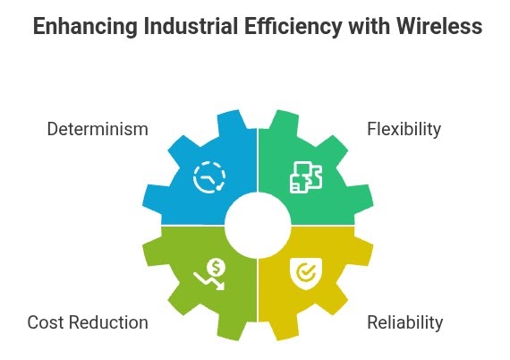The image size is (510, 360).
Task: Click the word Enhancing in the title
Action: [x=85, y=27]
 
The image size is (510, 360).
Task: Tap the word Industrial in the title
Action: [x=191, y=26]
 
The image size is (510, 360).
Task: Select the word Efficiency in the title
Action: [x=293, y=27]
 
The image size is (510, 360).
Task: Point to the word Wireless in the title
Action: [x=439, y=26]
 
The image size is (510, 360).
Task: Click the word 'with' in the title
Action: [x=369, y=26]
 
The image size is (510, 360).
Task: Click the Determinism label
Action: [x=98, y=129]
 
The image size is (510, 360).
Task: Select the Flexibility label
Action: [x=404, y=129]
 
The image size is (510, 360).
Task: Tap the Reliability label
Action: [x=405, y=323]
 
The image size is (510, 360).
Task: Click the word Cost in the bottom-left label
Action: [x=46, y=322]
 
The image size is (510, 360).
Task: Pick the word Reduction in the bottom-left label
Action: [x=108, y=322]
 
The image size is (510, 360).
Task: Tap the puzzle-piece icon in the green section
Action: [x=306, y=177]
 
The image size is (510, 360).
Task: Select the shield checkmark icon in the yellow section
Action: [x=306, y=274]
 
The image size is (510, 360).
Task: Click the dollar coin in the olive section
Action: [x=217, y=268]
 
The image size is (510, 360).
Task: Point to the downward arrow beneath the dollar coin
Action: [x=208, y=281]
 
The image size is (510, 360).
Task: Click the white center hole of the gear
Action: [x=258, y=226]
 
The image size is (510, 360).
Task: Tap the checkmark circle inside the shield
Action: [x=306, y=272]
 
